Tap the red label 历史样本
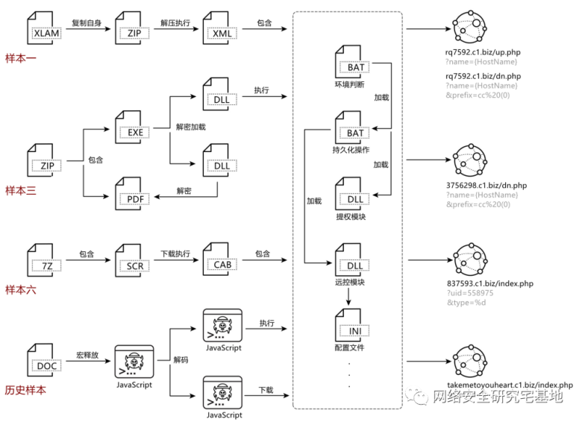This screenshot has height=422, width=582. (x=25, y=390)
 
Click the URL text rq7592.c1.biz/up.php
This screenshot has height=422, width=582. (x=482, y=53)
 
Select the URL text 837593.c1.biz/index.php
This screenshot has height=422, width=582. (x=489, y=284)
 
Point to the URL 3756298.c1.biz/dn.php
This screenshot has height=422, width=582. (x=485, y=185)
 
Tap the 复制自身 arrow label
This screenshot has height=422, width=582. (x=87, y=23)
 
